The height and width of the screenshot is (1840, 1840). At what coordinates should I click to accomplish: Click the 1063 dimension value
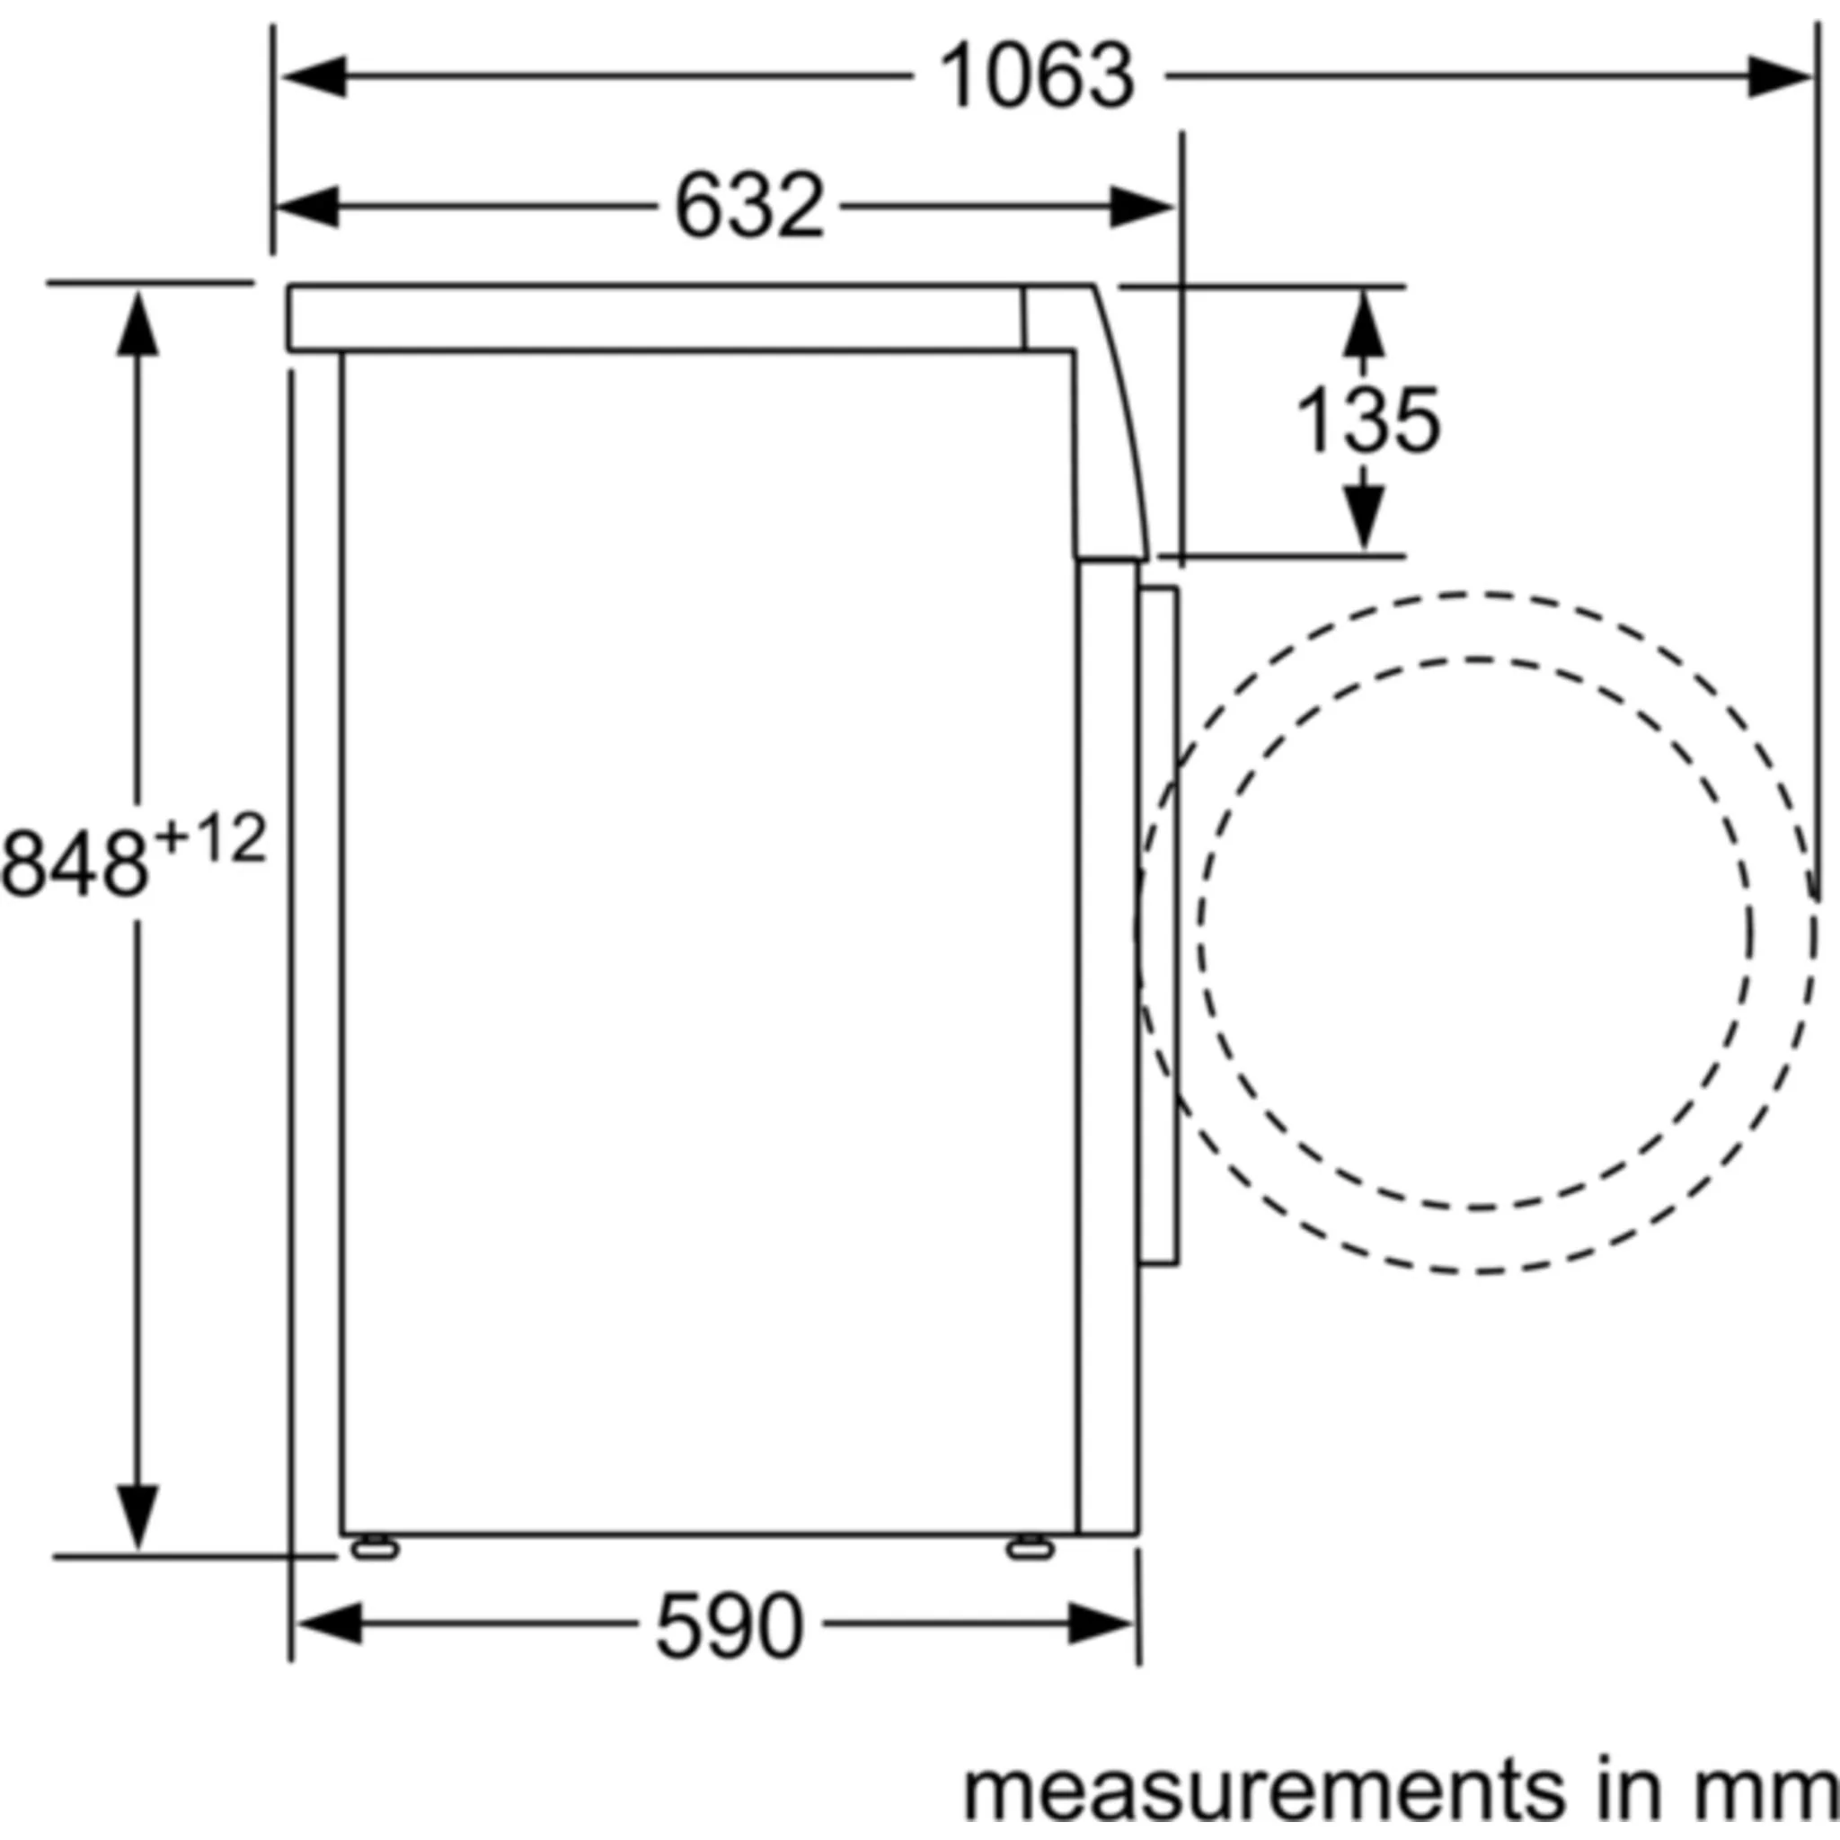(x=1036, y=76)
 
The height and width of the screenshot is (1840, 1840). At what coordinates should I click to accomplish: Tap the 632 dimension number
(x=748, y=206)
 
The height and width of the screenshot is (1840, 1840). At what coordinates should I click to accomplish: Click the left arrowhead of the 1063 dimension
(x=313, y=76)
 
